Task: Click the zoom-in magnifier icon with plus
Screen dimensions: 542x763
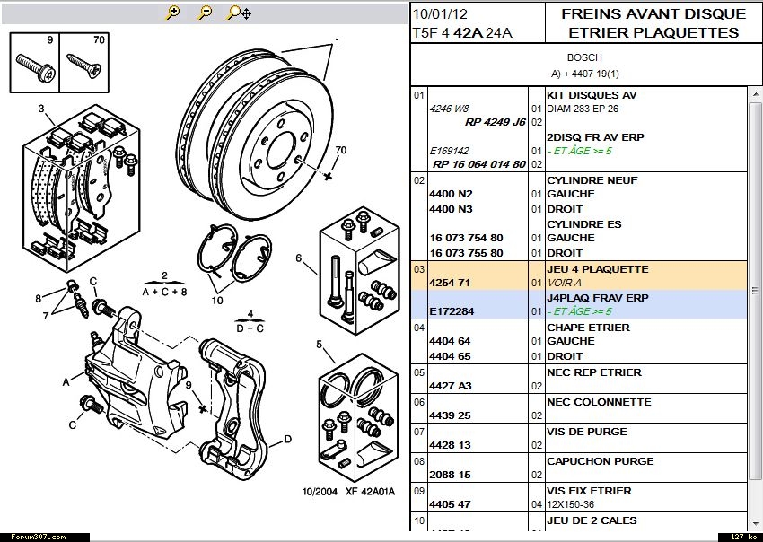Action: click(x=173, y=13)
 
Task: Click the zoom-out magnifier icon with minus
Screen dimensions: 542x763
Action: click(x=205, y=13)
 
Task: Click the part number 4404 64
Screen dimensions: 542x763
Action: click(x=451, y=341)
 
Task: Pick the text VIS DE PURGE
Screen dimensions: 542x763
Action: click(x=587, y=432)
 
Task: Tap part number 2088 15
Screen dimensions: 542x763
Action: click(x=451, y=475)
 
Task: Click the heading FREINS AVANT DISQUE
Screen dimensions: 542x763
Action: click(x=653, y=13)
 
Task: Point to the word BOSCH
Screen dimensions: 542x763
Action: click(x=584, y=57)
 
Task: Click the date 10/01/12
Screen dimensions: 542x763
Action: click(x=440, y=13)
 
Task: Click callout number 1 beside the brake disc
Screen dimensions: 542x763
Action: click(x=338, y=42)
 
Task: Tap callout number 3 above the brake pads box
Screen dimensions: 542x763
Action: click(x=40, y=109)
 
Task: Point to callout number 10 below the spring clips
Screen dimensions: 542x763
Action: click(x=217, y=300)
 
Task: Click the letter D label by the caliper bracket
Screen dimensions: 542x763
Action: click(x=287, y=439)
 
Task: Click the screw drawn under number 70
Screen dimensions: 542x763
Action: click(x=83, y=66)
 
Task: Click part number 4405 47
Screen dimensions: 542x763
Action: click(x=451, y=504)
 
